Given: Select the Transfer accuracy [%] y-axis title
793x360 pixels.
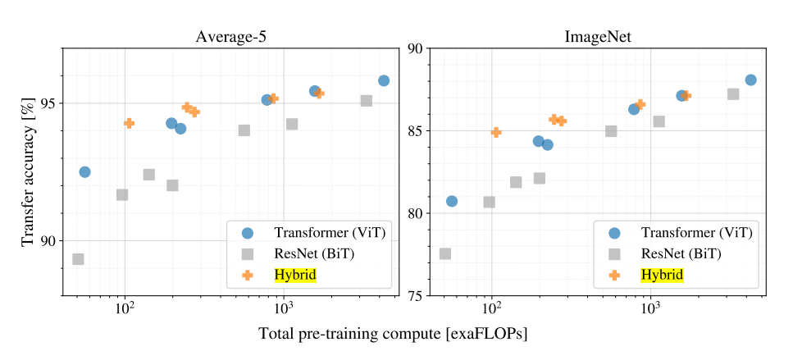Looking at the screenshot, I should [30, 172].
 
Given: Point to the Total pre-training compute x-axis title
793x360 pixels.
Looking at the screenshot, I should [393, 334].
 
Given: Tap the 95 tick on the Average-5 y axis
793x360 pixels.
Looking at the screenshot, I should [47, 103].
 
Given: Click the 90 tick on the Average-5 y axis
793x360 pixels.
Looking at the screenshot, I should [47, 241].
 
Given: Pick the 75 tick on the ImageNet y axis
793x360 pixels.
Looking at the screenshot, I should [414, 296].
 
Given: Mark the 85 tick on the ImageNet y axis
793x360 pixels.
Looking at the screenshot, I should [414, 131].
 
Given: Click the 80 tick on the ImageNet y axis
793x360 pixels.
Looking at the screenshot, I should [414, 213].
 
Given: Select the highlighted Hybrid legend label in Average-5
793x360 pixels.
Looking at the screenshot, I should [295, 276].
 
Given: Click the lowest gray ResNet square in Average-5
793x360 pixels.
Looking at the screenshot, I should [78, 259].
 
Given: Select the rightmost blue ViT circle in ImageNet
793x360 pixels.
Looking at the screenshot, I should [750, 80].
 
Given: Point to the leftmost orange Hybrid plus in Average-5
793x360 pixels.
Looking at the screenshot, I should [129, 123].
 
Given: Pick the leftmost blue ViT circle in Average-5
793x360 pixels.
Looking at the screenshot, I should [84, 171].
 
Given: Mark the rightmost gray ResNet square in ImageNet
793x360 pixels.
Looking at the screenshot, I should [733, 94].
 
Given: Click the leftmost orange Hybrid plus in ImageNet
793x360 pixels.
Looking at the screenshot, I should [496, 132].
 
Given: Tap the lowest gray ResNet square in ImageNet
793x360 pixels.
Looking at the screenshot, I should [445, 253].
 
